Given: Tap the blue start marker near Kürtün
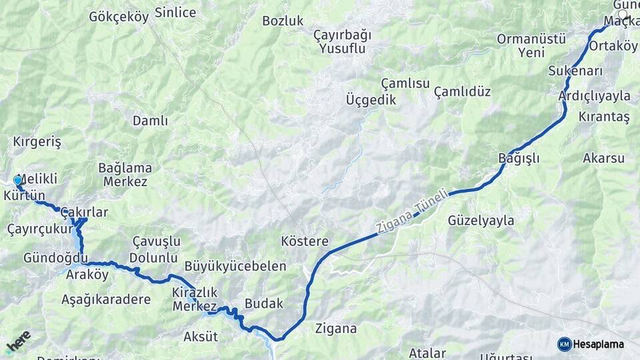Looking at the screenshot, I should click(x=17, y=180).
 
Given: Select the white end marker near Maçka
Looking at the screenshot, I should click(x=623, y=14).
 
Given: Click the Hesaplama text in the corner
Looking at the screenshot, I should click(x=598, y=344).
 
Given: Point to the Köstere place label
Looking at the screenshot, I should click(x=305, y=241).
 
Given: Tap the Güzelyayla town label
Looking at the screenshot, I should click(x=481, y=220).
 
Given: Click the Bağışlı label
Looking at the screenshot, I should click(x=519, y=158).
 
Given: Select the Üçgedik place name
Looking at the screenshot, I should click(x=371, y=100).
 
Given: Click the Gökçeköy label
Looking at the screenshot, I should click(x=119, y=17).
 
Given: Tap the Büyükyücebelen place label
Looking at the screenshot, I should click(x=235, y=266).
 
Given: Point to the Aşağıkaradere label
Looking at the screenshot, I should click(x=106, y=299).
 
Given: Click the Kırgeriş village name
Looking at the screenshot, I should click(x=37, y=142).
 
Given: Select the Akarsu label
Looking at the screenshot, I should click(x=603, y=158).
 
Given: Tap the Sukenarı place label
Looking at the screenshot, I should click(x=576, y=71).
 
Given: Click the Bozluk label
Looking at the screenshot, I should click(x=283, y=21).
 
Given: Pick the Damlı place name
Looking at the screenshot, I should click(x=150, y=121).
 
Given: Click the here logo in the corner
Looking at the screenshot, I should click(x=18, y=341).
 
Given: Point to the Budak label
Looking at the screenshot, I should click(x=264, y=303).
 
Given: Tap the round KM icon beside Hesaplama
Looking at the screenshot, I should click(x=564, y=344).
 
